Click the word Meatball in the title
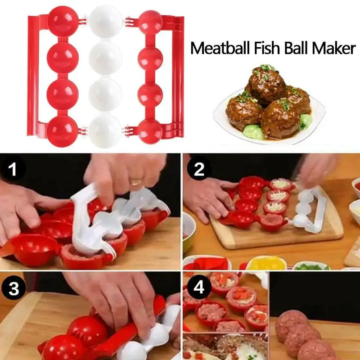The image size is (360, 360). [x=220, y=48]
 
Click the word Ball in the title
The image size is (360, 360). [x=299, y=48]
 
